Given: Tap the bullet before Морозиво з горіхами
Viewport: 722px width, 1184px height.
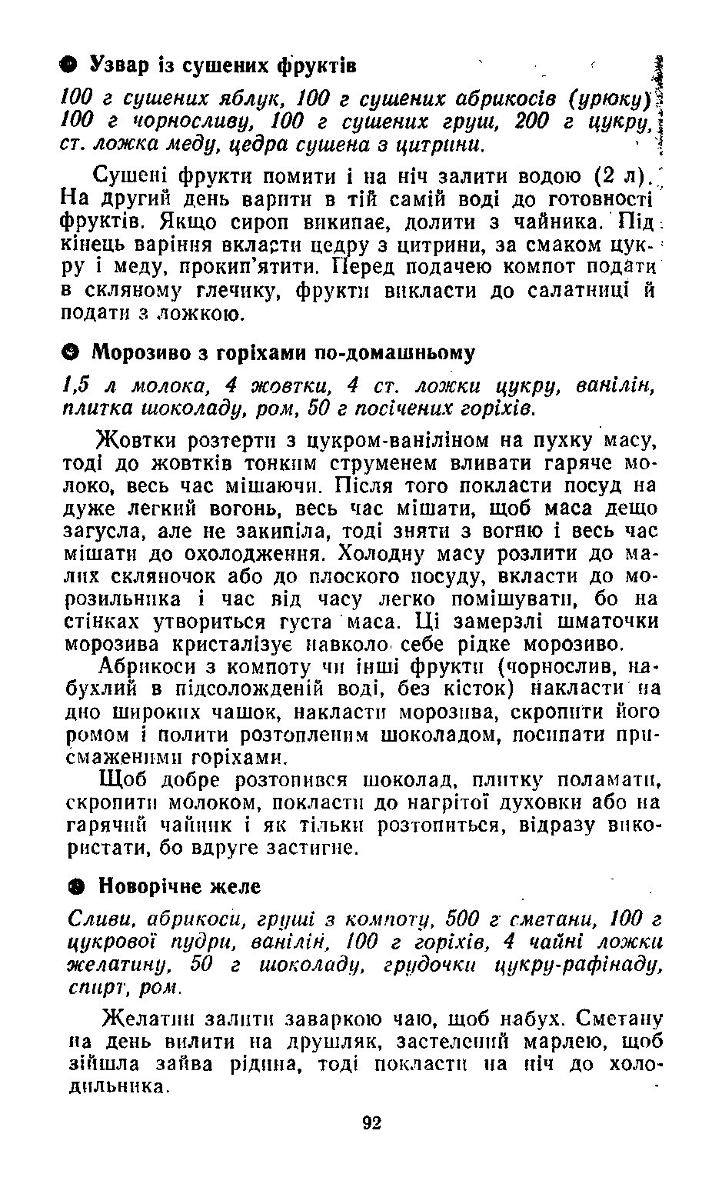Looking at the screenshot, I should pyautogui.click(x=68, y=353).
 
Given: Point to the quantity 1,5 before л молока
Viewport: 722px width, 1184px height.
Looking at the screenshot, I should pyautogui.click(x=78, y=385).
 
